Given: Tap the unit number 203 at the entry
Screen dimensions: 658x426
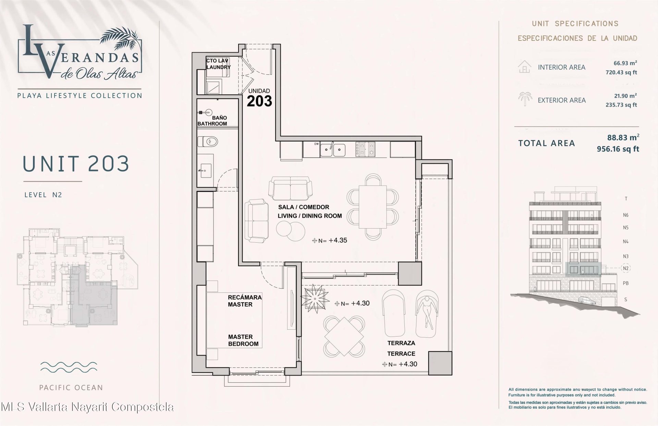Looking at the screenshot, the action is point(259,101).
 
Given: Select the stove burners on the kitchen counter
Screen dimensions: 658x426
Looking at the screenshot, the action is point(365,149).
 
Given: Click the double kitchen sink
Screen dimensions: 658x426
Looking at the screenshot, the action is point(333,149).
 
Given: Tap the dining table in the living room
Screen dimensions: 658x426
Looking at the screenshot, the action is point(373,207).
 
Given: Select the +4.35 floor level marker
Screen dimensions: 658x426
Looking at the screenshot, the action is point(330,241).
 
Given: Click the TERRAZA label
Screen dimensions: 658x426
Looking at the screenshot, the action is point(401,343).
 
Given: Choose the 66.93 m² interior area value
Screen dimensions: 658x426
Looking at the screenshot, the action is point(625,63).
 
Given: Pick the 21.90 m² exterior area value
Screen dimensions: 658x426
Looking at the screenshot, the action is point(625,96).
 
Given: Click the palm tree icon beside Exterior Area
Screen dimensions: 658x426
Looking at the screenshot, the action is point(524,99).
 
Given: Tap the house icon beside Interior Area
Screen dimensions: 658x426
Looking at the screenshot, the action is point(524,66).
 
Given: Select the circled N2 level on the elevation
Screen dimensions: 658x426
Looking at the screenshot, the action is point(626,268).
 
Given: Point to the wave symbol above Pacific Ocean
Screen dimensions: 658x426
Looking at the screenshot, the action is point(69,367).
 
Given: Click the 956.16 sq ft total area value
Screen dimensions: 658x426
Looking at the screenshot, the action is point(618,149).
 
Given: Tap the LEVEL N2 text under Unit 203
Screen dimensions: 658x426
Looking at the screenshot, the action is point(43,195).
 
